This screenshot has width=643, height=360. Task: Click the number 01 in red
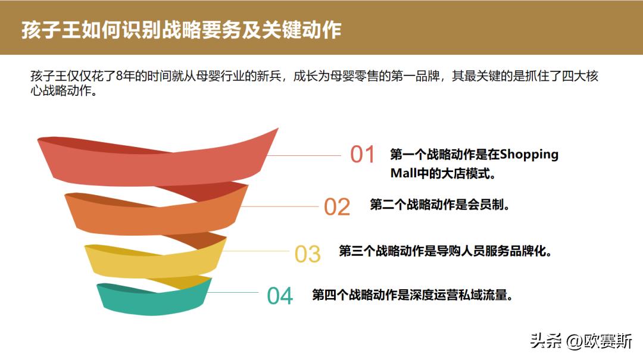pos(363,155)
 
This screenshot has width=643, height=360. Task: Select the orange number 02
pos(337,206)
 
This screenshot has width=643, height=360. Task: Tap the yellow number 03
pos(308,254)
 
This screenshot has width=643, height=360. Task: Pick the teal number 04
pos(280,296)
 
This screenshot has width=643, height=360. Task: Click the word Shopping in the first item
pos(529,155)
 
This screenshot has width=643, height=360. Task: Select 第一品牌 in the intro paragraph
pos(417,77)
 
